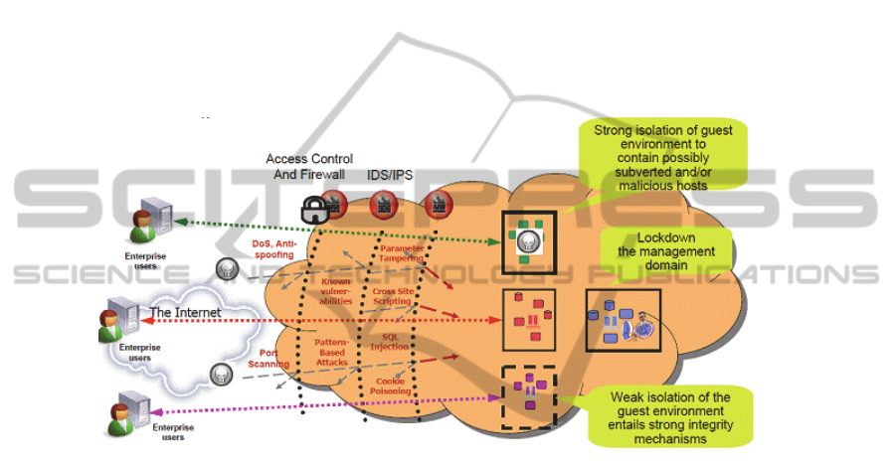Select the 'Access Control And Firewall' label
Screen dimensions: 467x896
(306, 167)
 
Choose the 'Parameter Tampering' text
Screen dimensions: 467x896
(402, 253)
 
